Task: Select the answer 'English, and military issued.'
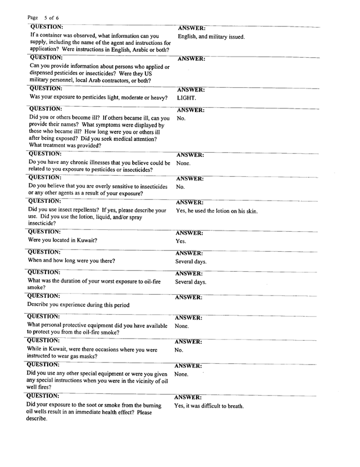pos(211,37)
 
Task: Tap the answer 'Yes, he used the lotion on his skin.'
pos(216,211)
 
